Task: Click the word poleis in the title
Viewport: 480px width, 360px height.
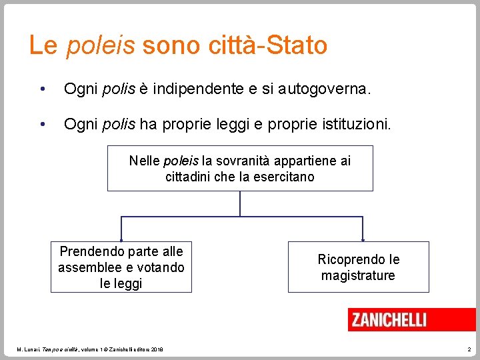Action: coord(100,45)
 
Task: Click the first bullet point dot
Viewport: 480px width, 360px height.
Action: coord(42,89)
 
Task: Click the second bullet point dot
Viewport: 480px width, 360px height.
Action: coord(42,123)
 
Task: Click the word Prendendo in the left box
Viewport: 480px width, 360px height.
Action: coord(88,251)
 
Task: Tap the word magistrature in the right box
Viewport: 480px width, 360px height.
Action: coord(358,275)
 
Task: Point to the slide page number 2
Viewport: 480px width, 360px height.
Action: coord(469,349)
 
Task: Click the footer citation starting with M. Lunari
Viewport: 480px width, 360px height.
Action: coord(90,349)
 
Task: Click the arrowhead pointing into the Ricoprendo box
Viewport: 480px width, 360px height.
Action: coord(362,239)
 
